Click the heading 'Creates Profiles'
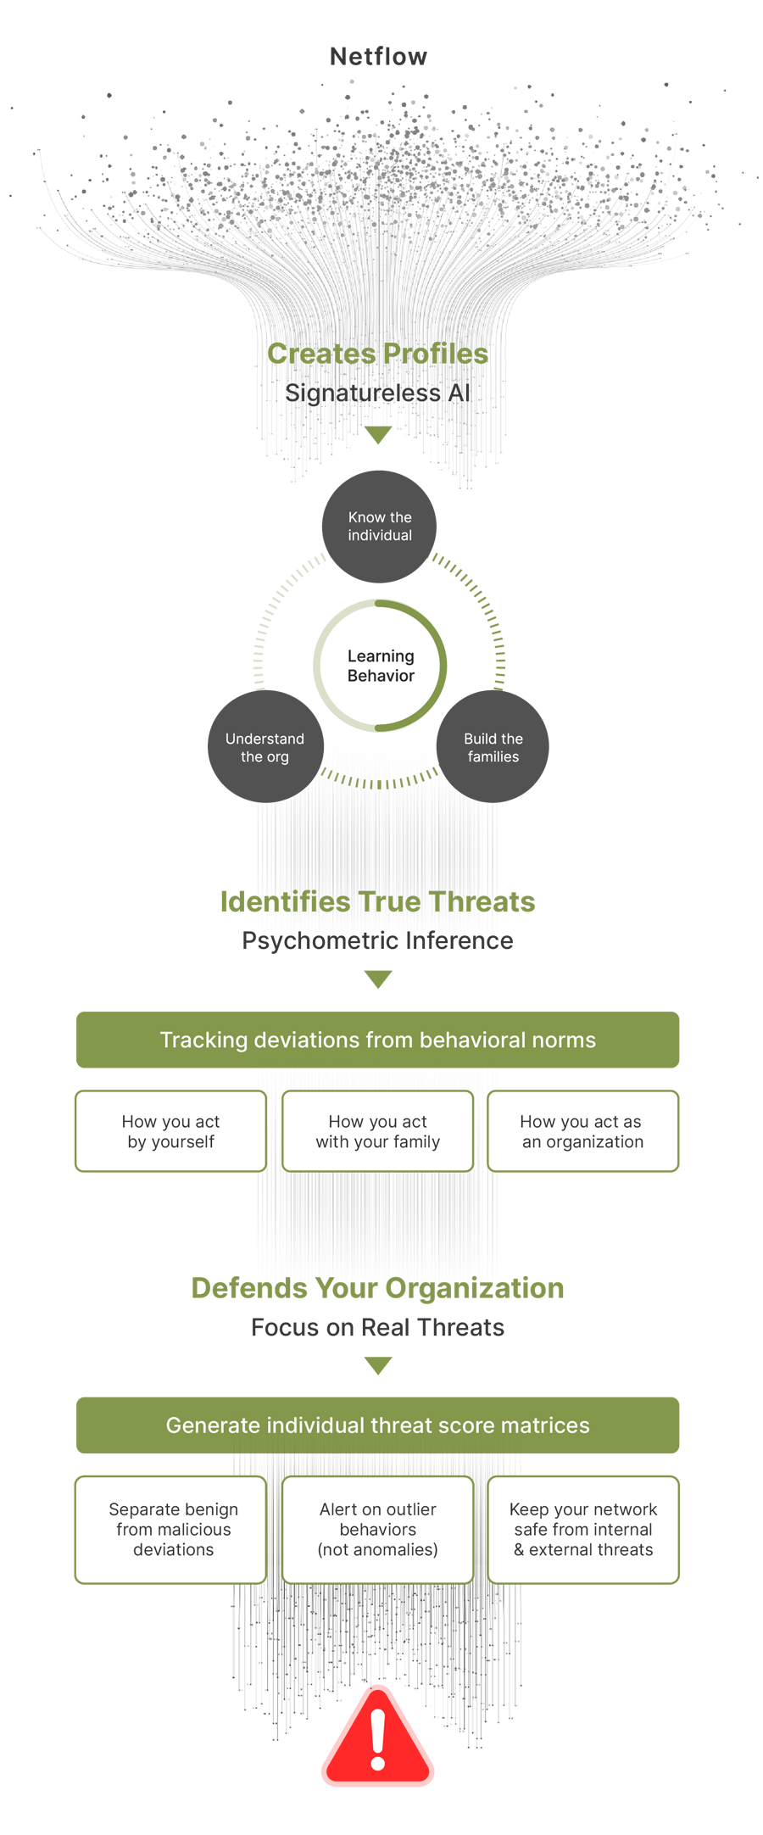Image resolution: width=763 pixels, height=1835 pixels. [377, 354]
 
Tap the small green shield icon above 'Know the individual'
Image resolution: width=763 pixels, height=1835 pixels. [379, 439]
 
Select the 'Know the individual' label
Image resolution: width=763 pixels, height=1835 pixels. [380, 527]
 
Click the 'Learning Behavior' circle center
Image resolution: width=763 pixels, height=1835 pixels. [381, 666]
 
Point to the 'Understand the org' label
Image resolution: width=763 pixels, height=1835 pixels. [265, 748]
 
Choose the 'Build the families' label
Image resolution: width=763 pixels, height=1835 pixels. [493, 748]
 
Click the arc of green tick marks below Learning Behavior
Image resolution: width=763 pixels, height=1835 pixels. [380, 780]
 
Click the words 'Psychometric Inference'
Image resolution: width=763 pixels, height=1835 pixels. [377, 941]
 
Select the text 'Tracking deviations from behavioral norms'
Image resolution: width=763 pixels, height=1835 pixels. [377, 1040]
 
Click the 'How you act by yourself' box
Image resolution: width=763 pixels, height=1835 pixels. [171, 1131]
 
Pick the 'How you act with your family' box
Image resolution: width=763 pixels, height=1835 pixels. [378, 1131]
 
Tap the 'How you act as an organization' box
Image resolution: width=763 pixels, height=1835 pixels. [582, 1131]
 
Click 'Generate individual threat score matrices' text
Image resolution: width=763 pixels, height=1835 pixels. [377, 1425]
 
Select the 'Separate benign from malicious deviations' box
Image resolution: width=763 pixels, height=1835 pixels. [172, 1529]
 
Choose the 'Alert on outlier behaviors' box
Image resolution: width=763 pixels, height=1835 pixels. [378, 1529]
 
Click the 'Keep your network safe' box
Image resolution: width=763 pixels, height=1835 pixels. [583, 1529]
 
